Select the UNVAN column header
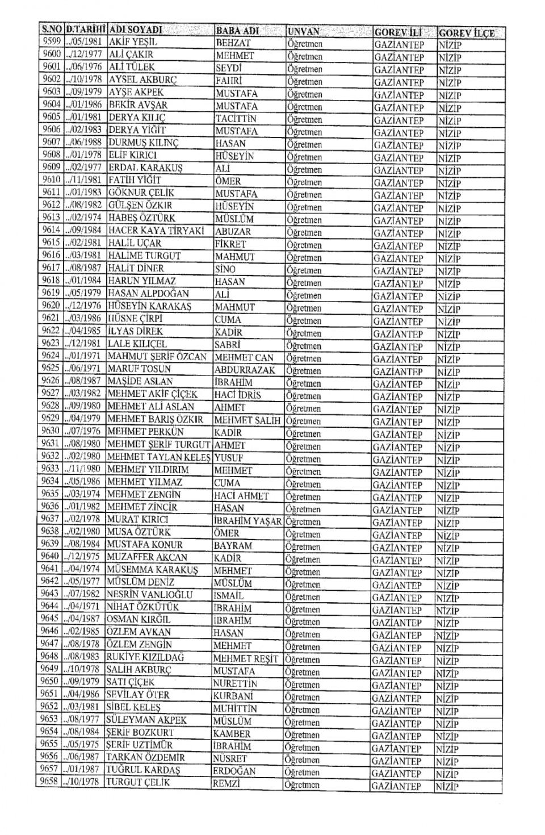[304, 31]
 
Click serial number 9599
[52, 41]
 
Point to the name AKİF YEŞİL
[132, 42]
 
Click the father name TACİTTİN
[236, 119]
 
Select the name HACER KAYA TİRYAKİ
[148, 231]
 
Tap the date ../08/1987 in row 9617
[84, 268]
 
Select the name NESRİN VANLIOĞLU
[149, 594]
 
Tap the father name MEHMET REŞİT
[245, 658]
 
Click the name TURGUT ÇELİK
[137, 782]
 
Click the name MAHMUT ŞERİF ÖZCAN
[158, 356]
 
